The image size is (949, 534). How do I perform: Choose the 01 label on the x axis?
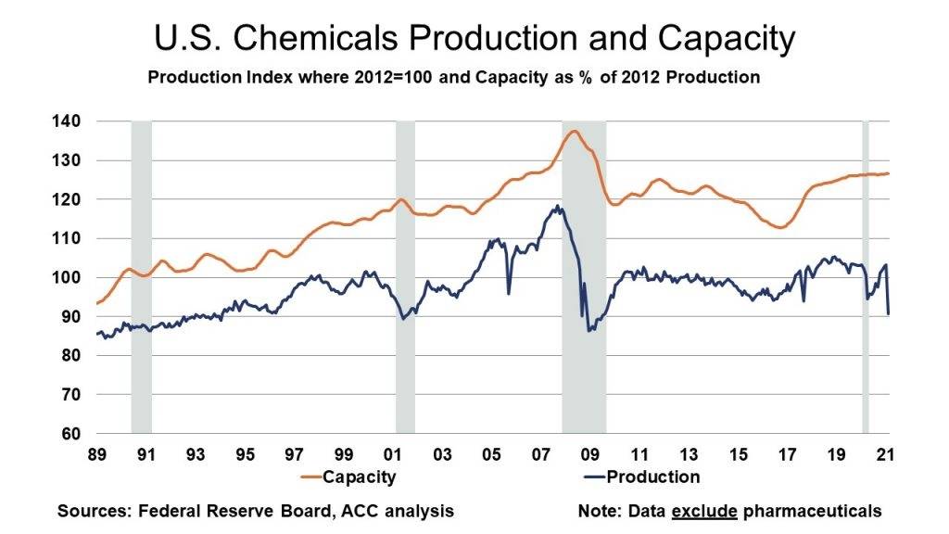(x=392, y=455)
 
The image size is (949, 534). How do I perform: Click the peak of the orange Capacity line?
(x=574, y=131)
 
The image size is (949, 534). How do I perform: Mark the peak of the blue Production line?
(x=557, y=207)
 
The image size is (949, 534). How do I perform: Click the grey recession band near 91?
(x=141, y=278)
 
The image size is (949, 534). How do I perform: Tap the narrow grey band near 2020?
(x=866, y=278)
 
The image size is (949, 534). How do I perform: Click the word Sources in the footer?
(x=89, y=511)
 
